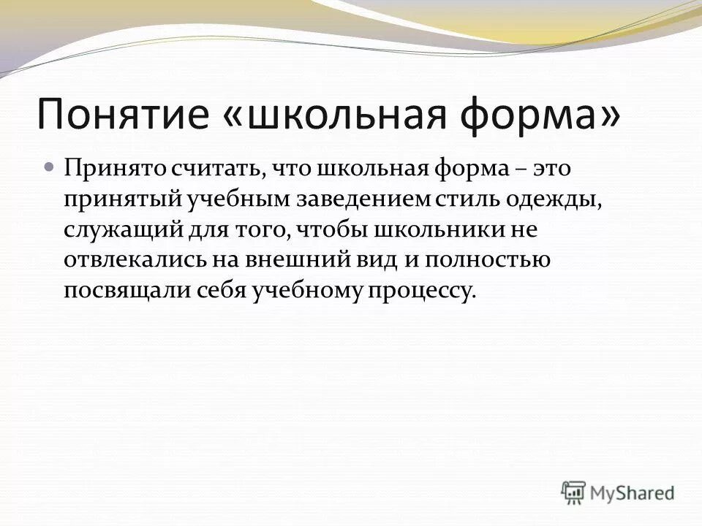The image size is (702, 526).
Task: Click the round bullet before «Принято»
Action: click(49, 168)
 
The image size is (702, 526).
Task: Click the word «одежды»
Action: click(556, 199)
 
